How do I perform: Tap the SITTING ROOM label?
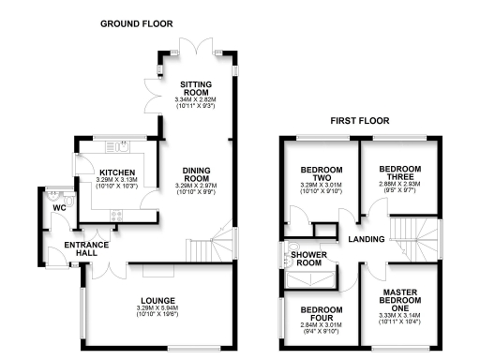(197, 90)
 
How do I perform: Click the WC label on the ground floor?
(58, 207)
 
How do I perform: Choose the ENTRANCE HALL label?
(87, 250)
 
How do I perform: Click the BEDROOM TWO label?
(321, 174)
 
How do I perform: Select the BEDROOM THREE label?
(399, 174)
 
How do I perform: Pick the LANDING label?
(365, 240)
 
